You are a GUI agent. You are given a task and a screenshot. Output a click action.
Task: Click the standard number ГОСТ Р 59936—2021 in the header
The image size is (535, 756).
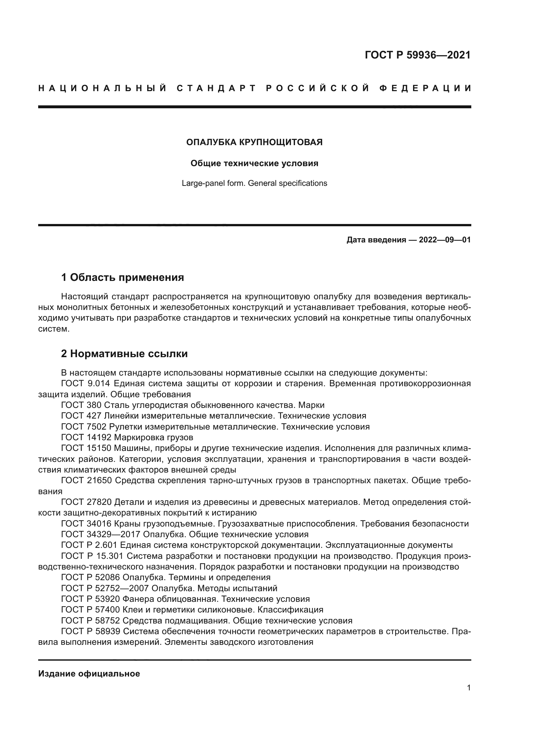pos(417,55)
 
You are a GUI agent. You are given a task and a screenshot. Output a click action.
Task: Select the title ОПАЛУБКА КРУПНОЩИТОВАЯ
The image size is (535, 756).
pos(254,142)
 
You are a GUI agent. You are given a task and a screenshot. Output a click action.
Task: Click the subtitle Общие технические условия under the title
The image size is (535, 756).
pos(254,163)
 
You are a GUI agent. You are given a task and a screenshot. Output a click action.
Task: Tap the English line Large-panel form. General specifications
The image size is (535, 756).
pos(254,183)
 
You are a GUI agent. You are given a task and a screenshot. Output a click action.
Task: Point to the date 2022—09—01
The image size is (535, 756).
pos(445,240)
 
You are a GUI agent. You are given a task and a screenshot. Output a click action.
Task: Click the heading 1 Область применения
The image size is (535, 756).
pos(123,277)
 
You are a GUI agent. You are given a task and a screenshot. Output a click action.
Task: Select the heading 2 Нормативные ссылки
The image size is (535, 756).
pos(125,354)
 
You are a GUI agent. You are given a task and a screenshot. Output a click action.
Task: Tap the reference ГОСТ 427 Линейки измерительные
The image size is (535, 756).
pos(213,416)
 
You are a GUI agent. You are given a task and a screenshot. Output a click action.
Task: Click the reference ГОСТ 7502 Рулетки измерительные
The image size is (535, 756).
pos(215,427)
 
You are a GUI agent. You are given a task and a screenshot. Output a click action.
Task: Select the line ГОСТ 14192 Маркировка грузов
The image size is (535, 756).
pos(127,437)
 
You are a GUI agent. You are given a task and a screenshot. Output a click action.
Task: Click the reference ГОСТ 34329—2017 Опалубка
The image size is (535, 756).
pos(184,534)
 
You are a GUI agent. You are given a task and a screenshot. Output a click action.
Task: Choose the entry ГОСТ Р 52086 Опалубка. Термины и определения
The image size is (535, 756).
pos(166,577)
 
